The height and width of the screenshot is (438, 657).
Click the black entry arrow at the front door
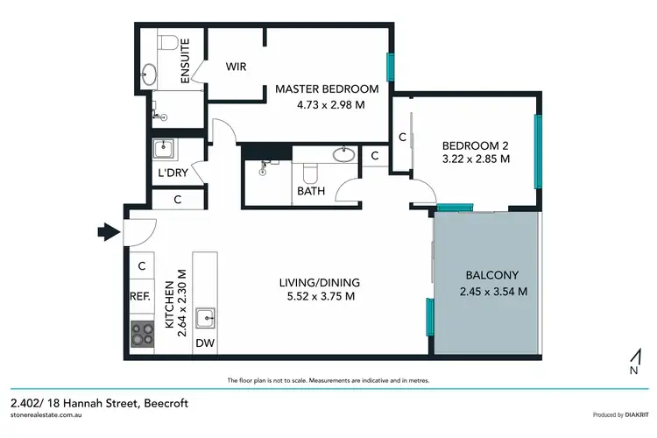point(107,232)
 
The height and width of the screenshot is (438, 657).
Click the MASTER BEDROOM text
point(327,88)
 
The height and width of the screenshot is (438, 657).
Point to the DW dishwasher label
point(204,343)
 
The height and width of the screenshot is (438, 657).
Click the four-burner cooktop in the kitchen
point(141,334)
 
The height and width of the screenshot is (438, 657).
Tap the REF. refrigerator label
point(141,296)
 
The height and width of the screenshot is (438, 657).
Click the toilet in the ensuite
point(169,40)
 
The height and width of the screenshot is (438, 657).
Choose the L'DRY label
point(173,173)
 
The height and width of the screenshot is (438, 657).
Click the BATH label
point(310,190)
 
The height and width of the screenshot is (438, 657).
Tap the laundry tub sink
point(164,150)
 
